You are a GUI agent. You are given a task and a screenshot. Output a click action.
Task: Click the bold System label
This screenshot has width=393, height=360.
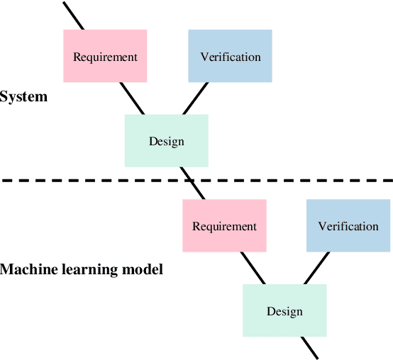tap(23, 96)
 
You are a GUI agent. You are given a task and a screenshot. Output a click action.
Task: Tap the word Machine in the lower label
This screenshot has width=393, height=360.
tap(26, 269)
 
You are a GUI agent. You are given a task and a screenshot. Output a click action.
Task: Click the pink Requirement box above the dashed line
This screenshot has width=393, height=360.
tap(105, 56)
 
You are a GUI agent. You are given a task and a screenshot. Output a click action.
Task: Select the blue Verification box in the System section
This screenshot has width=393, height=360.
tap(230, 56)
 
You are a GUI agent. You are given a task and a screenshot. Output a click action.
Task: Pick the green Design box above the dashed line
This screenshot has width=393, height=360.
tap(166, 140)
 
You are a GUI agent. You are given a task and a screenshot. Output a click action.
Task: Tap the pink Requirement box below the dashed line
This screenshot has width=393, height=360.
tap(224, 225)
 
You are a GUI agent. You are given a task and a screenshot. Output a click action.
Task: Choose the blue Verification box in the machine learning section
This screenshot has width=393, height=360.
tap(348, 225)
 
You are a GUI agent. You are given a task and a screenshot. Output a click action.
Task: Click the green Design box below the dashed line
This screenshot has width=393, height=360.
tap(284, 310)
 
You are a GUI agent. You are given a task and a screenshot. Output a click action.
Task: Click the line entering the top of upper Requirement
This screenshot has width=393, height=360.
tap(73, 15)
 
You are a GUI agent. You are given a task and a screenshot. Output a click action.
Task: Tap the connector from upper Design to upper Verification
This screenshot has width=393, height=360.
tap(196, 98)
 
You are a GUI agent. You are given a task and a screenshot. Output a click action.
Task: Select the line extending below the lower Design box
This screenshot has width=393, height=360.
tap(310, 347)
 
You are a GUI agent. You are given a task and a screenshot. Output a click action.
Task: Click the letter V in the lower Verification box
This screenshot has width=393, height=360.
tap(322, 226)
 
